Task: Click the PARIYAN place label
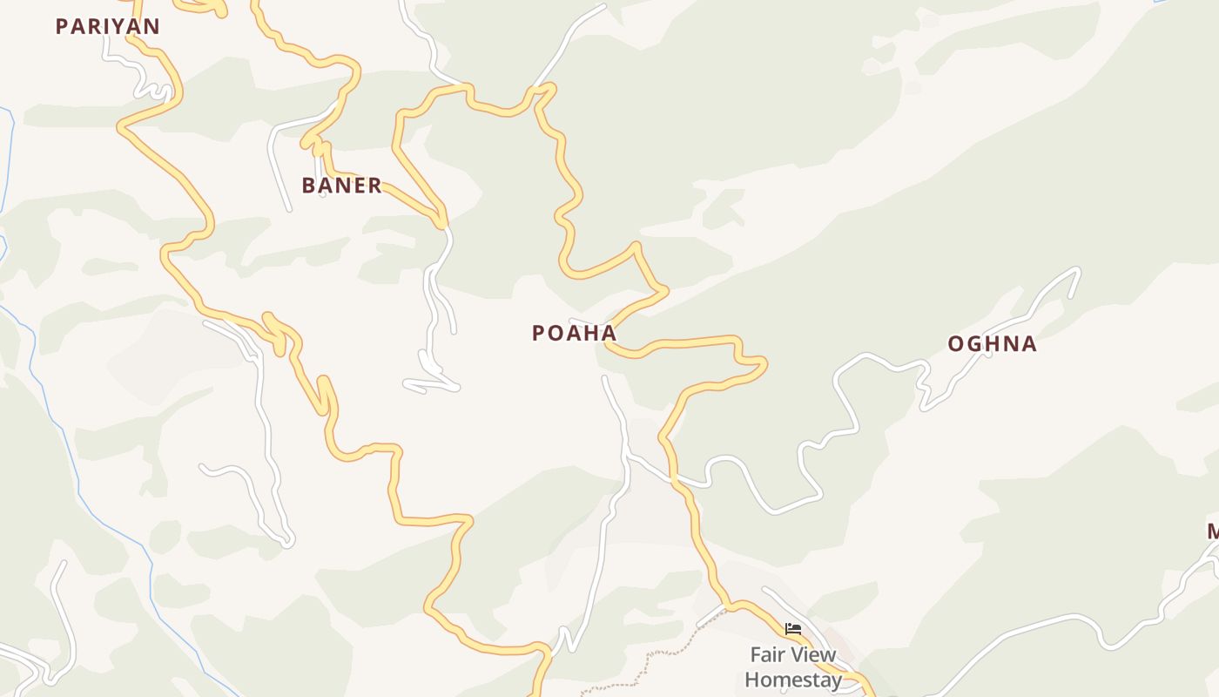(x=108, y=26)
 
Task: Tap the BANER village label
(x=341, y=185)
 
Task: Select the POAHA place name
(x=574, y=333)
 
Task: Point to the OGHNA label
(x=992, y=343)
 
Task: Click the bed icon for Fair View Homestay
(x=792, y=628)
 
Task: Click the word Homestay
(x=793, y=680)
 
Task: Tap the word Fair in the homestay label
(x=765, y=655)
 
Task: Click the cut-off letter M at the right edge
(x=1213, y=531)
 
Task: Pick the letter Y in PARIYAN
(x=115, y=26)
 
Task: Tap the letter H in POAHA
(x=591, y=333)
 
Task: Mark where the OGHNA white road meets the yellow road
(x=676, y=478)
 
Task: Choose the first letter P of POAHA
(x=538, y=333)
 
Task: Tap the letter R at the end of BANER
(x=375, y=185)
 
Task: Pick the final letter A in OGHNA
(x=1029, y=343)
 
